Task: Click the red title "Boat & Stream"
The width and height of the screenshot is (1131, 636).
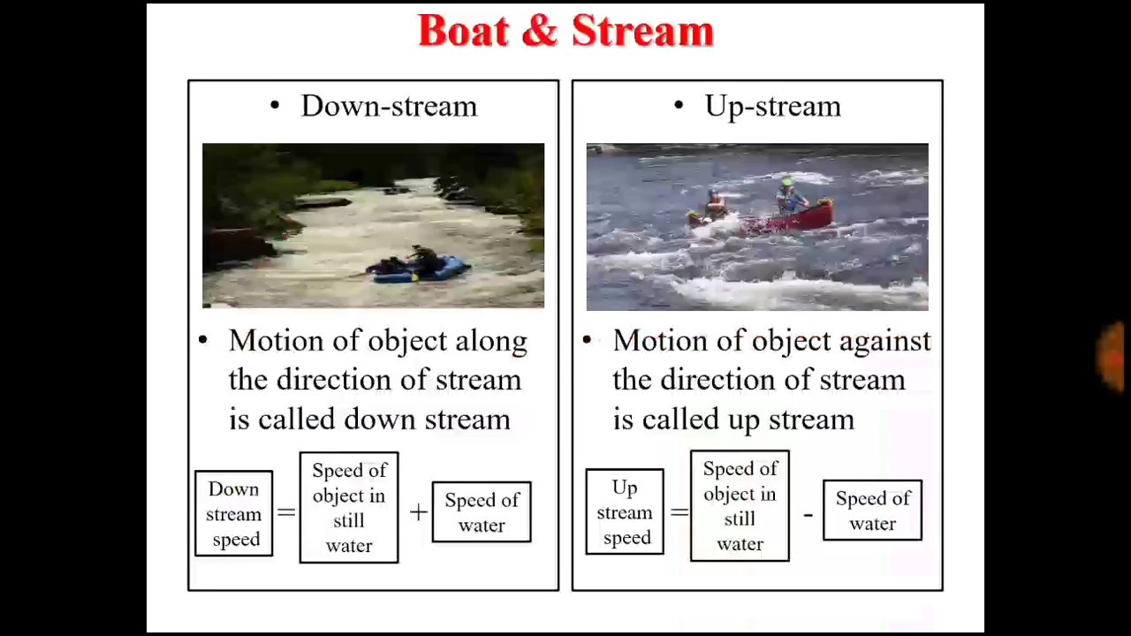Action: click(565, 31)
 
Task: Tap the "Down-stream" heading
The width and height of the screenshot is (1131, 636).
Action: click(389, 106)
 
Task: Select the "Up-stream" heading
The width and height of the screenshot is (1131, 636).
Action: click(772, 106)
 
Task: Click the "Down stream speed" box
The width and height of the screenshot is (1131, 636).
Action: click(234, 514)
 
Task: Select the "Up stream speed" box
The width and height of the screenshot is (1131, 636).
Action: click(625, 512)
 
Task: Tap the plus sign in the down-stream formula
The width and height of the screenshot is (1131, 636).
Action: click(418, 511)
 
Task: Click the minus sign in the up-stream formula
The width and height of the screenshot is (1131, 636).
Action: click(808, 513)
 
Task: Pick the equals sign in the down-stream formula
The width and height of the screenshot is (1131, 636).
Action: click(285, 512)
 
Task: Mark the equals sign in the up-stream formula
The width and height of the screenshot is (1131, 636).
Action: click(679, 511)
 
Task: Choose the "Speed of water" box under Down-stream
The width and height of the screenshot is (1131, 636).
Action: click(482, 512)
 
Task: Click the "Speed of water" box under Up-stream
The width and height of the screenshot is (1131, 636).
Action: click(872, 511)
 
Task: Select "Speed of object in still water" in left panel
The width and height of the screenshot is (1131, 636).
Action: click(349, 508)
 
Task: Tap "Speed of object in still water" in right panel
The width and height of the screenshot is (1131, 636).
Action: click(740, 506)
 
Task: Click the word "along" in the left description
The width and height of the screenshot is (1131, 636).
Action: click(490, 341)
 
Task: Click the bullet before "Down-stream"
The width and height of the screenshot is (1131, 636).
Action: click(275, 106)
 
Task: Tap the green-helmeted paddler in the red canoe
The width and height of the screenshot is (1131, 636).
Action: click(786, 194)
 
